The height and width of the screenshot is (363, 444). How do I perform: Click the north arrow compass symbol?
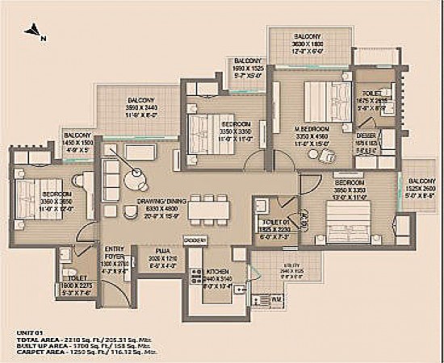34,33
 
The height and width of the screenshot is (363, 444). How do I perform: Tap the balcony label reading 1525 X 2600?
420,187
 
